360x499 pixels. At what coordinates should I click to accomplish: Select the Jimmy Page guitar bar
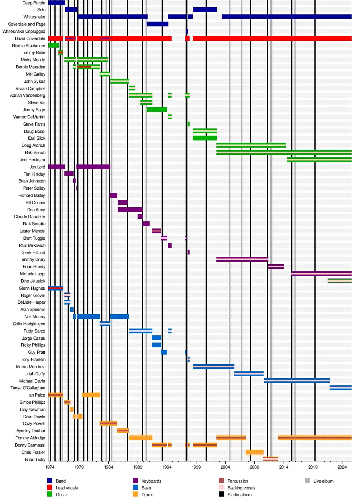(x=157, y=110)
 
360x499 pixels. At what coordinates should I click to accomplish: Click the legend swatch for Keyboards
(x=135, y=481)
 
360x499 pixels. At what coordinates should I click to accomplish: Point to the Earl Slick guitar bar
(x=204, y=138)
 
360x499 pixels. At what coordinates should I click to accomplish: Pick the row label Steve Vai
(x=36, y=102)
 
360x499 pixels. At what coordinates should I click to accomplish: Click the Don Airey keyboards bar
(x=130, y=210)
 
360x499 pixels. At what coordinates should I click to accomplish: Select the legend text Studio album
(x=240, y=495)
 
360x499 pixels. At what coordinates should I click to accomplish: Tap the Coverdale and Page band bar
(x=158, y=24)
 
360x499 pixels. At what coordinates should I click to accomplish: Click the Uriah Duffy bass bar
(x=249, y=374)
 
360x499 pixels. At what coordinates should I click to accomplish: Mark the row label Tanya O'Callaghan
(x=28, y=388)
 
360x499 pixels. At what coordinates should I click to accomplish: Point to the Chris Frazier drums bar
(x=254, y=452)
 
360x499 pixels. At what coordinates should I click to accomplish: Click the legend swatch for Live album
(x=307, y=481)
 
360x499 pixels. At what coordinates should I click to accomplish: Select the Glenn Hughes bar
(x=56, y=288)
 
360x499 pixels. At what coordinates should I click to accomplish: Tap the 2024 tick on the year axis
(x=342, y=467)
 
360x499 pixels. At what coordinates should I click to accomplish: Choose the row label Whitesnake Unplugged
(x=24, y=31)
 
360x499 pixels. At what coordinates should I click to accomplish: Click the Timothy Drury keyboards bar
(x=242, y=259)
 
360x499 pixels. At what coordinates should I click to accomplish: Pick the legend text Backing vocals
(x=241, y=488)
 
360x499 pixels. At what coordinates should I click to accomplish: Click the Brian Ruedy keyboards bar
(x=276, y=267)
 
